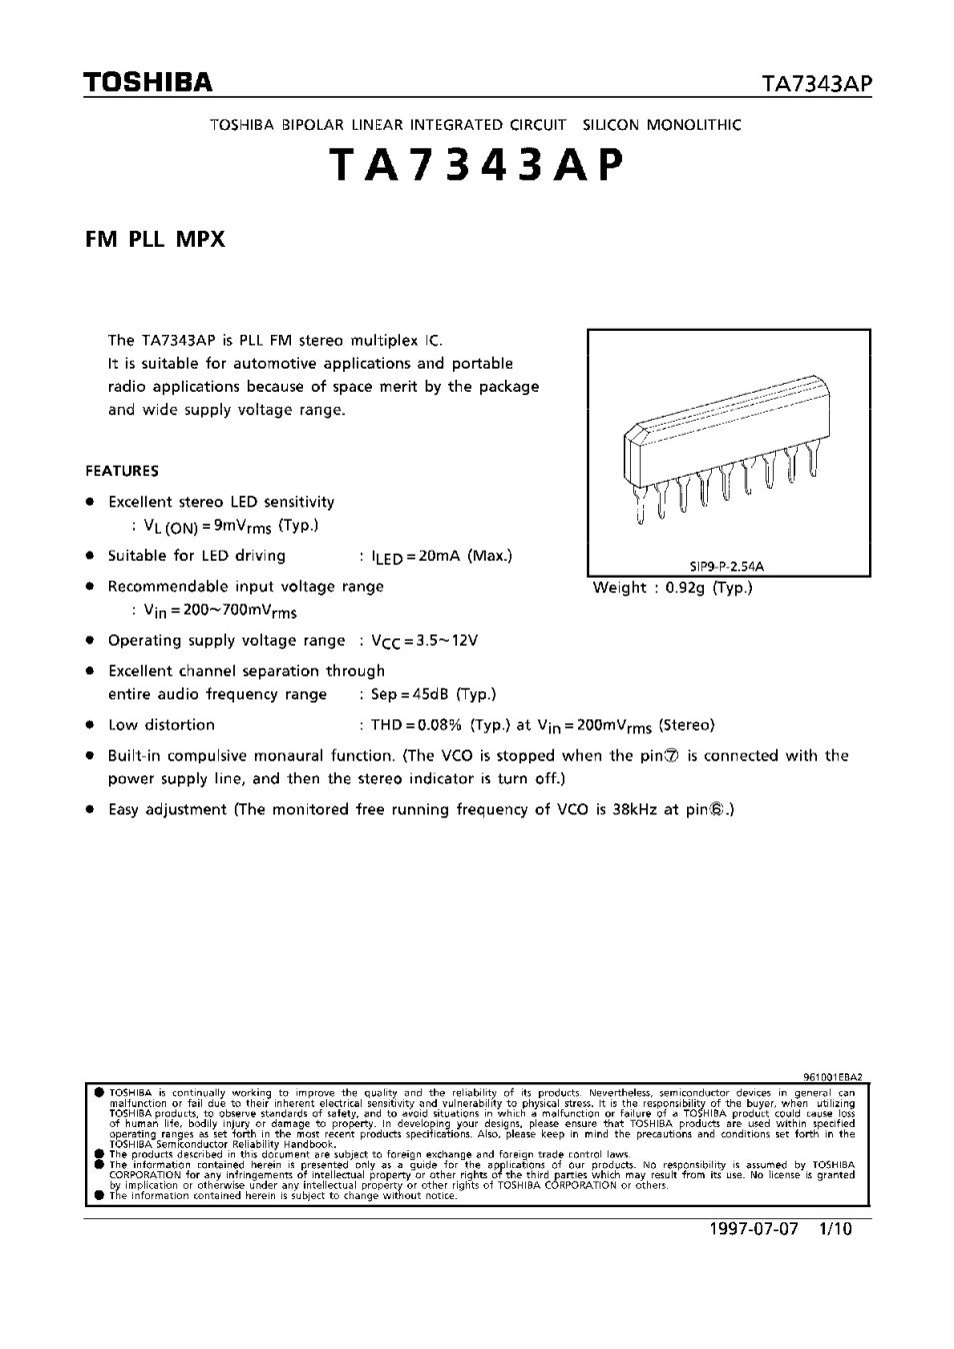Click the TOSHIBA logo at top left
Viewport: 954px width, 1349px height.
[x=148, y=83]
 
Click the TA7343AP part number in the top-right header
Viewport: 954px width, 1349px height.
[x=817, y=85]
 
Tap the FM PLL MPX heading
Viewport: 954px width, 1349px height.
[x=155, y=239]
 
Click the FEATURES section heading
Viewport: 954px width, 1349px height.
[x=122, y=471]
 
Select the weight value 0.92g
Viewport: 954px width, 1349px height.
[x=679, y=588]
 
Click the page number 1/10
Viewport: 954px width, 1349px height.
[x=834, y=1228]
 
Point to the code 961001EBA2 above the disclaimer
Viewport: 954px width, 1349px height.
[x=832, y=1077]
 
